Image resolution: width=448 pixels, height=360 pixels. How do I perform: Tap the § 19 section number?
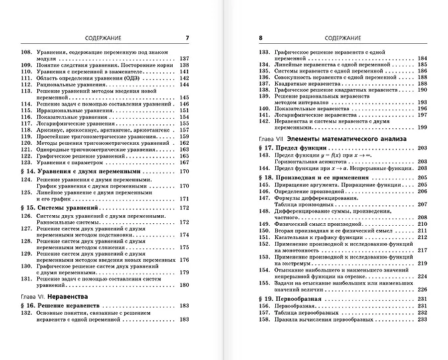[268, 300]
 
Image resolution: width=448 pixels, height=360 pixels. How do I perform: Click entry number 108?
[28, 51]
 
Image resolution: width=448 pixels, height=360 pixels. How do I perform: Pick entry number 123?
[28, 161]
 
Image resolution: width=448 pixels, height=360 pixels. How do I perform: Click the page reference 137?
[185, 58]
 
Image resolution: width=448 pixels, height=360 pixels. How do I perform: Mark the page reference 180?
[185, 284]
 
